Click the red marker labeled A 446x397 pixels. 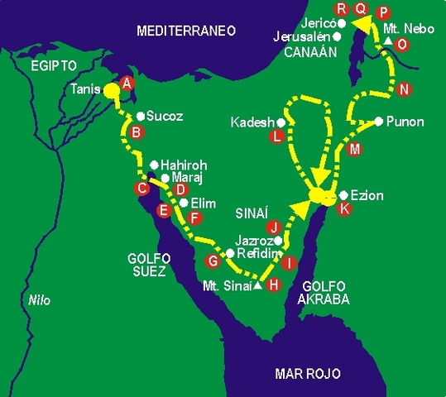[x=127, y=83]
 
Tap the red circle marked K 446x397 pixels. [x=346, y=209]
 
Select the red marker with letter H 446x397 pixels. [x=276, y=284]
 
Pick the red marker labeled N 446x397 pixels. [x=404, y=89]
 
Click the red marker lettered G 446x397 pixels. [x=212, y=261]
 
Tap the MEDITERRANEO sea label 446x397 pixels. [x=187, y=31]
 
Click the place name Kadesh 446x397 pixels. [x=252, y=123]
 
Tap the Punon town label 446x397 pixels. [x=405, y=122]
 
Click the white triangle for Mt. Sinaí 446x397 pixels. [x=258, y=285]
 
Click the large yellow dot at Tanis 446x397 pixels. [x=110, y=90]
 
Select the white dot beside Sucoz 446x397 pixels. [x=141, y=117]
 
